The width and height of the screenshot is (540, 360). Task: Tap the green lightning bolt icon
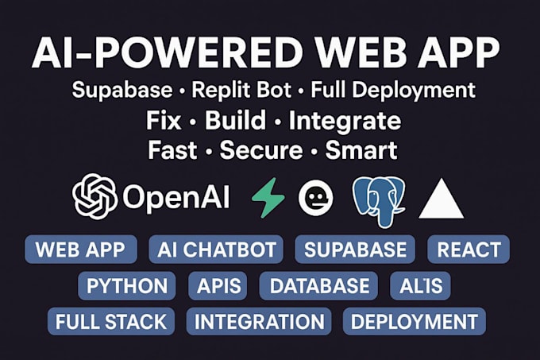tap(268, 198)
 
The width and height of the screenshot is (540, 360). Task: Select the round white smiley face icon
tap(315, 198)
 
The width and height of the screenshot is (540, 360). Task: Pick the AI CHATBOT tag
tap(216, 250)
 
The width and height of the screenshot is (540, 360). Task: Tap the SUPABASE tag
tap(356, 250)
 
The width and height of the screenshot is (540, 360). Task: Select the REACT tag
tap(469, 250)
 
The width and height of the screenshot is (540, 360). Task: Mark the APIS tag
tap(218, 286)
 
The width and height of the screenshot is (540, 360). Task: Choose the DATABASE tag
tap(319, 286)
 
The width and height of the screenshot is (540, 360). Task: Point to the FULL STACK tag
tap(111, 322)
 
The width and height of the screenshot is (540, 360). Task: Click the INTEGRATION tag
tap(259, 322)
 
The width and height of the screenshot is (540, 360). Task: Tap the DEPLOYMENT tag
tap(415, 322)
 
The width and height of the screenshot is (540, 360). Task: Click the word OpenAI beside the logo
tap(176, 198)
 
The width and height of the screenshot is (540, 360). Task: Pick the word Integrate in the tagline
tap(345, 122)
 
